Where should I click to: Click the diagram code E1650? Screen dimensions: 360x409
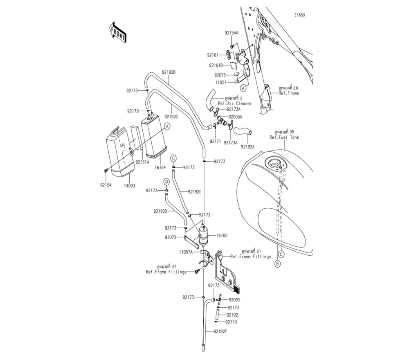299,15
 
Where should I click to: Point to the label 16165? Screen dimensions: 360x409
222,236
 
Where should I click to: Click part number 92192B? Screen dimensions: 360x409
169,72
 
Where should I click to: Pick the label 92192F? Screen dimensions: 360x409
220,331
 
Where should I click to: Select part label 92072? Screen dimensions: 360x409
171,237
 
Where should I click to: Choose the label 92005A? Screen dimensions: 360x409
235,117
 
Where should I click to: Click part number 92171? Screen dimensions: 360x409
215,141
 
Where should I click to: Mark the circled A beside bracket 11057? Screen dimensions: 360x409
243,88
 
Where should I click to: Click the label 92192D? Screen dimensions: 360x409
160,211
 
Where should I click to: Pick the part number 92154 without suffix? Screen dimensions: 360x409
106,185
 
